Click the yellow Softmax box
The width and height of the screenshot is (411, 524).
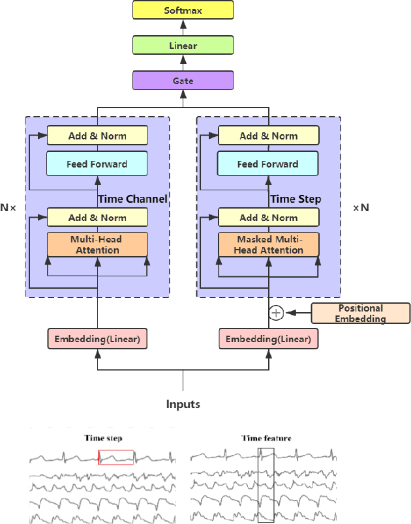pos(183,10)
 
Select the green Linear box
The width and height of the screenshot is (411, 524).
pos(183,46)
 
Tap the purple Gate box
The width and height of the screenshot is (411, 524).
pos(183,81)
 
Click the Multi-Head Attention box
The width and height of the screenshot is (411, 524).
pos(97,244)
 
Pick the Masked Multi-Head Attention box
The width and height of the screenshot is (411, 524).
pos(268,244)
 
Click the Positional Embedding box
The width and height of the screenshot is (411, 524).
pos(361,313)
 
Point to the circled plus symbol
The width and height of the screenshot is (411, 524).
pos(276,313)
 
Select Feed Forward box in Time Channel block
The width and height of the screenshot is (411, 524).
pos(97,164)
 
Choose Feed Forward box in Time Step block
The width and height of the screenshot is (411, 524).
pos(268,164)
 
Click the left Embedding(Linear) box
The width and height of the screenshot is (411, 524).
pos(97,340)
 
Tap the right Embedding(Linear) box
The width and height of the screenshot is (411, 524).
pos(268,340)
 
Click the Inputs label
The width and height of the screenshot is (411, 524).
pos(183,405)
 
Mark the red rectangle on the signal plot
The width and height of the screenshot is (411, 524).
pos(116,457)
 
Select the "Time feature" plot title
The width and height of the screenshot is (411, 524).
pos(267,438)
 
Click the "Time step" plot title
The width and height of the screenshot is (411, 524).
pos(102,438)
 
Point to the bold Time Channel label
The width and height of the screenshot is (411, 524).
pos(132,199)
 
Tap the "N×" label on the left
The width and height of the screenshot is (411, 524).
pos(8,208)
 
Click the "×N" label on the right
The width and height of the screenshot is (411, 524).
pos(361,208)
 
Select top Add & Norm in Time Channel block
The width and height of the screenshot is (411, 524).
pos(97,136)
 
